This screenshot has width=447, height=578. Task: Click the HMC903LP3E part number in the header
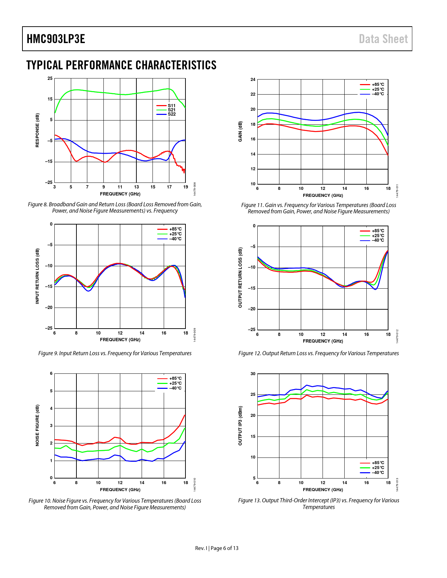click(56, 39)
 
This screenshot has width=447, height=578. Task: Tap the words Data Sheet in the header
click(383, 39)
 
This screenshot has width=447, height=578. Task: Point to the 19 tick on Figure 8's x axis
click(185, 187)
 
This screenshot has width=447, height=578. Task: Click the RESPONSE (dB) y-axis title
click(38, 130)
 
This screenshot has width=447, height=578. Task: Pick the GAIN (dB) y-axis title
click(241, 131)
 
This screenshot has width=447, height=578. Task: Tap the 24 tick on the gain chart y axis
click(253, 80)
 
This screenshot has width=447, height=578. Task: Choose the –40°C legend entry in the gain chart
click(378, 94)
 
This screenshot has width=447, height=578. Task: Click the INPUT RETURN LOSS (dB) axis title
click(38, 276)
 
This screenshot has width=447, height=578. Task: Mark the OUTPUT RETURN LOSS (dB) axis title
click(241, 278)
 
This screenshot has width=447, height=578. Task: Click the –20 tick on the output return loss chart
click(252, 309)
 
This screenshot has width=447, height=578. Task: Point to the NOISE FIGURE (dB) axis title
click(38, 425)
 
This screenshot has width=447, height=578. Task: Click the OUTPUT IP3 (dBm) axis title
click(241, 426)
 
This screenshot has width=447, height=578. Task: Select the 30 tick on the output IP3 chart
click(253, 374)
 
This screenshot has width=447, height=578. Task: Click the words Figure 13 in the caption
click(249, 501)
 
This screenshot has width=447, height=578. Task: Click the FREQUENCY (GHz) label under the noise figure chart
click(120, 490)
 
